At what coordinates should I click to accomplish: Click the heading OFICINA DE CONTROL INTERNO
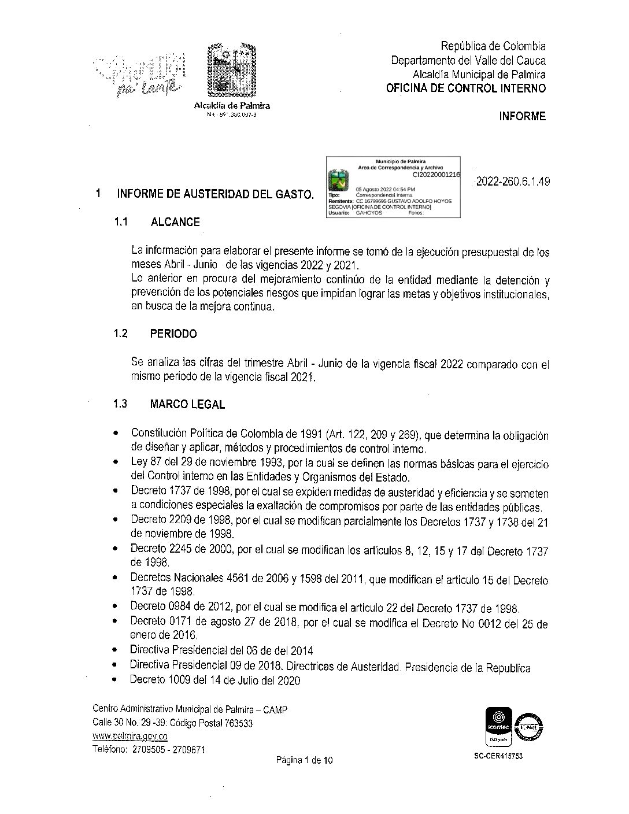[x=466, y=88]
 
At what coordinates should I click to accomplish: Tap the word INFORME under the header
[x=522, y=116]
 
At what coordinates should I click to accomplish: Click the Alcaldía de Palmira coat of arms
[x=231, y=71]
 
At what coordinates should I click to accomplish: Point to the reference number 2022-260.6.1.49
[x=512, y=182]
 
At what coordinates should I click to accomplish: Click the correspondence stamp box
[x=394, y=186]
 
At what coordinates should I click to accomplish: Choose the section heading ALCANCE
[x=175, y=222]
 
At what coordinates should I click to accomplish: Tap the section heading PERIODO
[x=173, y=334]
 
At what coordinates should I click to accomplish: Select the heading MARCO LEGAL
[x=187, y=404]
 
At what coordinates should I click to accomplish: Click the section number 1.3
[x=120, y=404]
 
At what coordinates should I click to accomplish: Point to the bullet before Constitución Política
[x=117, y=432]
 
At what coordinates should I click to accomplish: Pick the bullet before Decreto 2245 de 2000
[x=117, y=547]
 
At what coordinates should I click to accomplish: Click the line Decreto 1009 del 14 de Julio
[x=215, y=680]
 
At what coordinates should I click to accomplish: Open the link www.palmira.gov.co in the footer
[x=130, y=737]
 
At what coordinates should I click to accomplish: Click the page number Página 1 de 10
[x=304, y=760]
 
